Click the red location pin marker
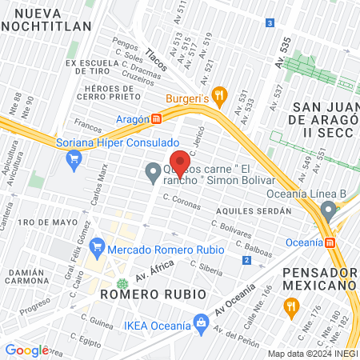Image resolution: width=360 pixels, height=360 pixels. [180, 163]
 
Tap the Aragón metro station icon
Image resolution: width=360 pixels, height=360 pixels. [158, 118]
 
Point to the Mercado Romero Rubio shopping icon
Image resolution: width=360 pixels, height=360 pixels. [98, 246]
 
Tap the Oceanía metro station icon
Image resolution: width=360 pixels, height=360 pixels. [330, 242]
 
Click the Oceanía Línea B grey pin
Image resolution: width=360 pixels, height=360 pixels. [328, 210]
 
